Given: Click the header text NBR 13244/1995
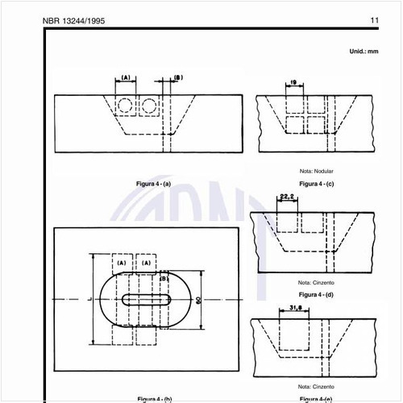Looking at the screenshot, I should (x=73, y=21).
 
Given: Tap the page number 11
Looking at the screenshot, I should (x=375, y=21).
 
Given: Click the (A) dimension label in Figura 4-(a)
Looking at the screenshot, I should (x=126, y=77).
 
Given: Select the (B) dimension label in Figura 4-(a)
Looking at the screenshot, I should (x=178, y=77).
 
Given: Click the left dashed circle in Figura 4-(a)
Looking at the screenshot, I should (x=125, y=106).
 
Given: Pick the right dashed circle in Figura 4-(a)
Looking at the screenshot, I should (x=149, y=106).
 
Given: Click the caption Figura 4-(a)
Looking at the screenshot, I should (x=153, y=185).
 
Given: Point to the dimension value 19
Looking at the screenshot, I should (x=293, y=82).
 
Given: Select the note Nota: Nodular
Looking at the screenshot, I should (x=316, y=171).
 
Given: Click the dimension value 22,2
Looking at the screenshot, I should (x=287, y=197).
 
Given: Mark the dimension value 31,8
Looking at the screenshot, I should (x=295, y=306).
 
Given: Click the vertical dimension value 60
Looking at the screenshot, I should (x=197, y=299).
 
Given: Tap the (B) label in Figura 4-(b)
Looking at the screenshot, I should (x=164, y=279).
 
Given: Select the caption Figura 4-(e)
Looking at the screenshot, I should (x=316, y=399).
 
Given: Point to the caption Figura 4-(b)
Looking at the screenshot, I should (x=153, y=399).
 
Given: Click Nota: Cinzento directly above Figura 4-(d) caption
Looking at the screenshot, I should (x=316, y=283).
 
